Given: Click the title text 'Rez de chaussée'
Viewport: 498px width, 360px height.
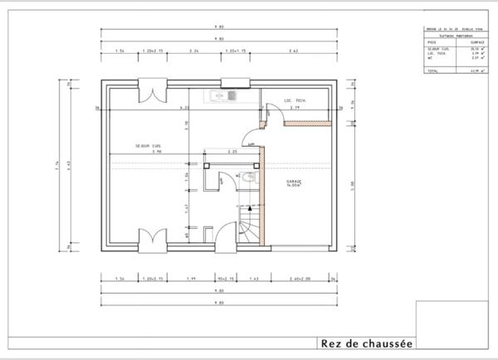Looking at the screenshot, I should pyautogui.click(x=366, y=343).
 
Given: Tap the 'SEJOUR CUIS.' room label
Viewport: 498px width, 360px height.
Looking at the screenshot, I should pyautogui.click(x=149, y=146).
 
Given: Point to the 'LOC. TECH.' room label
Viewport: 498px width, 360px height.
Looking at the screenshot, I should pyautogui.click(x=295, y=100).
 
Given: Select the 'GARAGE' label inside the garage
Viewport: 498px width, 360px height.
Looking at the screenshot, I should pyautogui.click(x=294, y=182).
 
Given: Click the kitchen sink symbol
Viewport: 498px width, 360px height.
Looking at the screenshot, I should pyautogui.click(x=225, y=95).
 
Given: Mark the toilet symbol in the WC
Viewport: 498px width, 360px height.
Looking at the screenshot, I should pyautogui.click(x=249, y=178).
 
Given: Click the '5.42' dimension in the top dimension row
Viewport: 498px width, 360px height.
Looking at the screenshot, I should pyautogui.click(x=293, y=51).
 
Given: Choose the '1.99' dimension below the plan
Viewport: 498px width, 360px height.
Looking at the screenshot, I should pyautogui.click(x=191, y=279).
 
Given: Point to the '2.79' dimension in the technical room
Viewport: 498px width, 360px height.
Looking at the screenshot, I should pyautogui.click(x=295, y=109).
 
